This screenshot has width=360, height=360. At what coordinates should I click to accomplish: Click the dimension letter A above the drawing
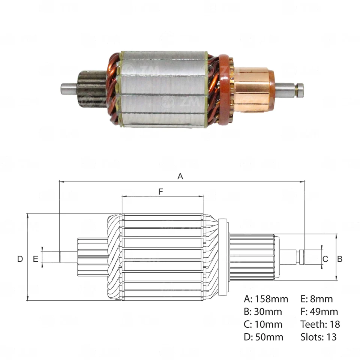click(180, 176)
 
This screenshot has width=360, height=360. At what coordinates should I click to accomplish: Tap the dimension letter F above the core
click(161, 192)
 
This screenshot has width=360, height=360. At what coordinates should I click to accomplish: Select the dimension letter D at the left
click(20, 259)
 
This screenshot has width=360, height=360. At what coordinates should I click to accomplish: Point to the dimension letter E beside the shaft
click(36, 259)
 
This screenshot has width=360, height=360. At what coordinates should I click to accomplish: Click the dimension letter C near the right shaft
click(325, 259)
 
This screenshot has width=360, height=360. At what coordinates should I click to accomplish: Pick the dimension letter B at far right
click(340, 259)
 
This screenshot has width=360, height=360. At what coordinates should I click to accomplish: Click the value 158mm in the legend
click(271, 299)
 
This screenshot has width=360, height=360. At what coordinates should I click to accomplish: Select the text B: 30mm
click(263, 312)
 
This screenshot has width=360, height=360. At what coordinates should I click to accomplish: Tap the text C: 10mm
click(263, 324)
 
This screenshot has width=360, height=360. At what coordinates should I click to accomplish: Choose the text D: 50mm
click(264, 337)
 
